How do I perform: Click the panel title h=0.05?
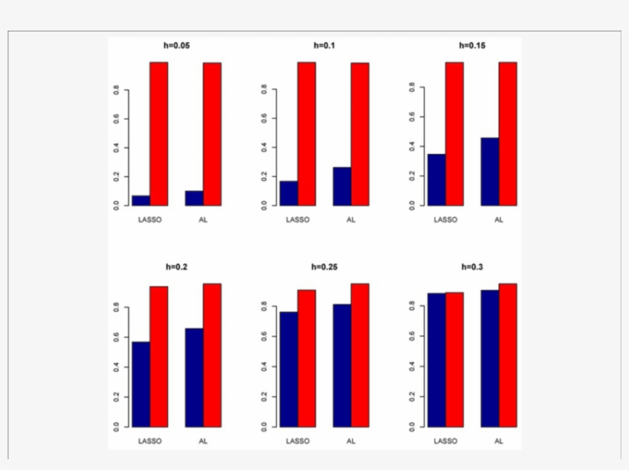click(176, 45)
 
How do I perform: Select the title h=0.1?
click(324, 45)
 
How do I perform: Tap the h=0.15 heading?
click(472, 45)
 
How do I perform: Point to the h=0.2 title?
click(176, 268)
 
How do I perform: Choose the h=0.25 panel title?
click(324, 268)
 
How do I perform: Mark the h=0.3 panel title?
click(472, 268)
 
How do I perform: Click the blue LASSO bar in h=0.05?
click(140, 200)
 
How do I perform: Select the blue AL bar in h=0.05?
click(194, 198)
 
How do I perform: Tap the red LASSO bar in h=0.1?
click(307, 133)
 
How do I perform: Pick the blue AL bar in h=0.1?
click(342, 186)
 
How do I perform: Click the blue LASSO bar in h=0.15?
click(436, 179)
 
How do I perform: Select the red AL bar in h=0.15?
click(508, 133)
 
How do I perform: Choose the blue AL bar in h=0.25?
click(342, 365)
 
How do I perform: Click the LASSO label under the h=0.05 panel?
click(149, 219)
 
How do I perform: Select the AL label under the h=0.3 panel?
click(499, 441)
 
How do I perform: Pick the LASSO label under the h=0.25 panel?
click(297, 441)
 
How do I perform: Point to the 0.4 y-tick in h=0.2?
click(117, 366)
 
